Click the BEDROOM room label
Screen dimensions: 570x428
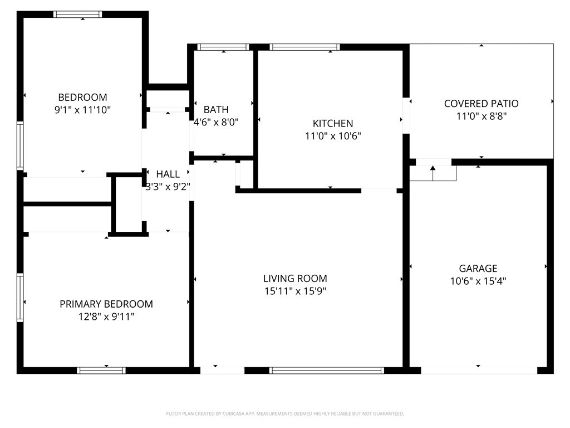pyautogui.click(x=82, y=97)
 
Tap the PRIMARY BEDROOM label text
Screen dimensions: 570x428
pyautogui.click(x=106, y=304)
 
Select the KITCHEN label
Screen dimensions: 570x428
pyautogui.click(x=333, y=123)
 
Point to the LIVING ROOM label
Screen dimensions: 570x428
pyautogui.click(x=295, y=279)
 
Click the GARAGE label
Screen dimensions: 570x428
pyautogui.click(x=478, y=269)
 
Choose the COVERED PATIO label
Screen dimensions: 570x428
pyautogui.click(x=481, y=104)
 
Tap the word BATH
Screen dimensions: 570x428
pyautogui.click(x=216, y=110)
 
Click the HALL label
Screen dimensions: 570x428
pyautogui.click(x=168, y=174)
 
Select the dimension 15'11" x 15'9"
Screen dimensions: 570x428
pyautogui.click(x=295, y=291)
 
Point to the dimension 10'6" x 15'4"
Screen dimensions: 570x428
pyautogui.click(x=478, y=281)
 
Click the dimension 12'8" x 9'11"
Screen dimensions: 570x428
pyautogui.click(x=106, y=317)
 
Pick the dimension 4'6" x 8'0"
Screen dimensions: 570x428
pyautogui.click(x=216, y=122)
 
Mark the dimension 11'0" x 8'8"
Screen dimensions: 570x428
pyautogui.click(x=481, y=116)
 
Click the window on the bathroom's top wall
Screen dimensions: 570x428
pyautogui.click(x=223, y=47)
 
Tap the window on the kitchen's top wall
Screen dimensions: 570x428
pyautogui.click(x=304, y=47)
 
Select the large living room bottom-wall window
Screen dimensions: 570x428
pyautogui.click(x=326, y=371)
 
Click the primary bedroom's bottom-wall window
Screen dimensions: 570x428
pyautogui.click(x=101, y=371)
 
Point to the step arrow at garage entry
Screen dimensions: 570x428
pyautogui.click(x=433, y=173)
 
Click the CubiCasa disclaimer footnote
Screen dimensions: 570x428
pyautogui.click(x=285, y=414)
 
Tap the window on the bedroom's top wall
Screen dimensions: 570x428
pyautogui.click(x=78, y=14)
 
